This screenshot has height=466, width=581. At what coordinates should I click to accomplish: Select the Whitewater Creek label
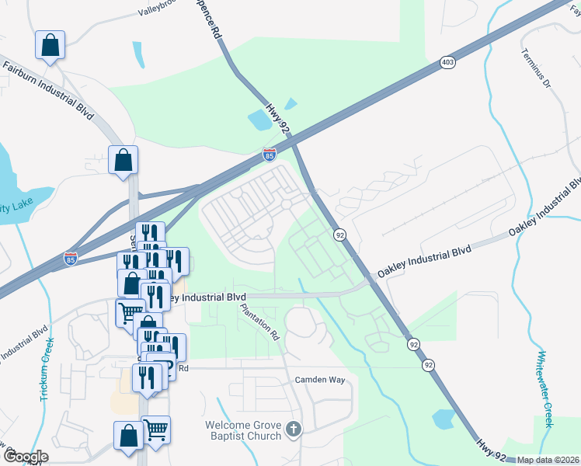548,386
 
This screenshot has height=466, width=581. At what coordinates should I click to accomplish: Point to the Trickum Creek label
47,369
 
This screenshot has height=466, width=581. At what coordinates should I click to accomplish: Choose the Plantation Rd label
260,322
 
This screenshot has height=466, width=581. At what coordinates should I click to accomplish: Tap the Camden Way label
319,380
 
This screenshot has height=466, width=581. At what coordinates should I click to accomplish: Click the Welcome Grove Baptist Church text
244,430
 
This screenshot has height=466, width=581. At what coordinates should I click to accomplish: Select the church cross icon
294,429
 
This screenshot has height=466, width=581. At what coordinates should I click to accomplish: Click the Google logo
26,457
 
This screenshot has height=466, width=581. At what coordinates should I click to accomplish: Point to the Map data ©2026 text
548,460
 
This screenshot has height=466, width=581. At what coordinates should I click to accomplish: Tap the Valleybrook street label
163,10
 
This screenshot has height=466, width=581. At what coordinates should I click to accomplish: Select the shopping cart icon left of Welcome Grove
156,429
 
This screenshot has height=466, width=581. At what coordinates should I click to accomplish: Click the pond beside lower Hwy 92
444,419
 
